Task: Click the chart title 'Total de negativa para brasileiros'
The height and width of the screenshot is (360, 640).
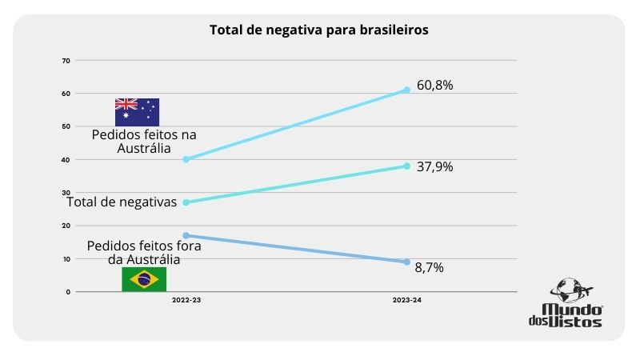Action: coord(318,30)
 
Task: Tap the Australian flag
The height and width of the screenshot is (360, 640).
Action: coord(137,112)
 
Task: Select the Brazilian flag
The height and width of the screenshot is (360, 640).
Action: coord(144,279)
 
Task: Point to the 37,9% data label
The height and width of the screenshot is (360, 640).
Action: coord(434,167)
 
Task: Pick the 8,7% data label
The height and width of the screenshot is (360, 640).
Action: coord(429,268)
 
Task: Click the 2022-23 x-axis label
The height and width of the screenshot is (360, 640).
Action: coord(186,300)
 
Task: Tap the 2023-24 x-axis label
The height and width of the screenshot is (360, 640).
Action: coord(406,300)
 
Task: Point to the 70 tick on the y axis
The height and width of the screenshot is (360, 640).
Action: coord(66,61)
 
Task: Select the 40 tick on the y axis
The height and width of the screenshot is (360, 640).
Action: coord(66,160)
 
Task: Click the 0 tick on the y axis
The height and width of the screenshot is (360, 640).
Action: coord(68,292)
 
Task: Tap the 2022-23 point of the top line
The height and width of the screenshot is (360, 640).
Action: coord(186,159)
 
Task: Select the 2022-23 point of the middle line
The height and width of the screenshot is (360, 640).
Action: coord(186,202)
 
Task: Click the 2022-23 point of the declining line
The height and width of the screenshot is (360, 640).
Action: coord(186,235)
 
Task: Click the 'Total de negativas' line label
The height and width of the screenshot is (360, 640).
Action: coord(122,202)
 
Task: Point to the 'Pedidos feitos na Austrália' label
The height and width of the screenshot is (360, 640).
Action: coord(144,141)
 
